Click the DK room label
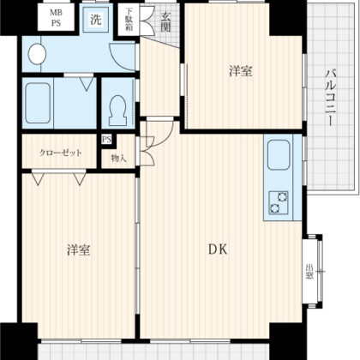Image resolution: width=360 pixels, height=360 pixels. click(218, 249)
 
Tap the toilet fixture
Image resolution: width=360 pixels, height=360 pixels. click(117, 110)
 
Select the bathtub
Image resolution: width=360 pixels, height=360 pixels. click(38, 103)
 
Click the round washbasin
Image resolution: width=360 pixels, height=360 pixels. click(37, 54)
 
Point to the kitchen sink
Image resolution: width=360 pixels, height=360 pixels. click(279, 155)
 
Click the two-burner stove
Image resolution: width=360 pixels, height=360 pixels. click(278, 202)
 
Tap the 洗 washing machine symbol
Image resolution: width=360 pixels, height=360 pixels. click(96, 20)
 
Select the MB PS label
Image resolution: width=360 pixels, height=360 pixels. click(56, 18)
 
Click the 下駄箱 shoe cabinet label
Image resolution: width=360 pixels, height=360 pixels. click(129, 20)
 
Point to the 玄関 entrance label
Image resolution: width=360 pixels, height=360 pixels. click(165, 22)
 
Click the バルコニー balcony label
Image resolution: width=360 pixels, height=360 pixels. click(329, 98)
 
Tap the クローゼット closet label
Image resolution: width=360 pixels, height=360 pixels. click(60, 153)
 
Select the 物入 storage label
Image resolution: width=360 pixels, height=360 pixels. click(118, 158)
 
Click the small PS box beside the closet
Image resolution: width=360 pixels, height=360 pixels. click(106, 140)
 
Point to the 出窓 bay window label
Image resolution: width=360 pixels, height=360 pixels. click(309, 272)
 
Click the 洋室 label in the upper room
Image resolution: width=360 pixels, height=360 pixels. click(241, 71)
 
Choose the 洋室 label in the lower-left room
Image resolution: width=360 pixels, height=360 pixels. click(79, 249)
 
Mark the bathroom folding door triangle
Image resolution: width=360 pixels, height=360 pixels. click(87, 84)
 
